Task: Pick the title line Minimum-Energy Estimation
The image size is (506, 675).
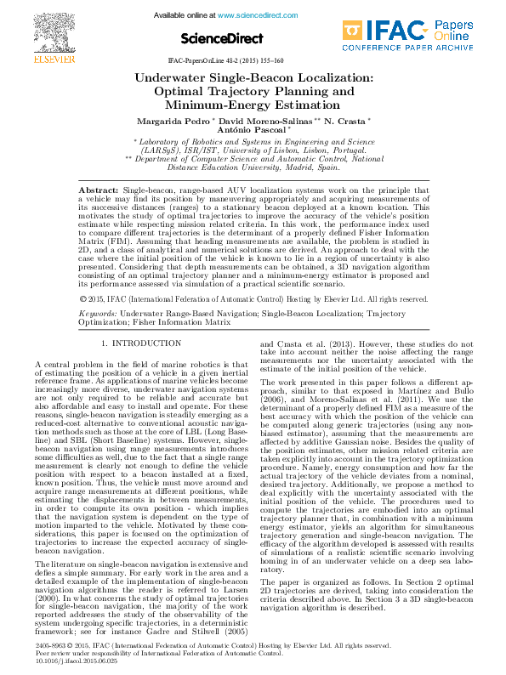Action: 253,105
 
